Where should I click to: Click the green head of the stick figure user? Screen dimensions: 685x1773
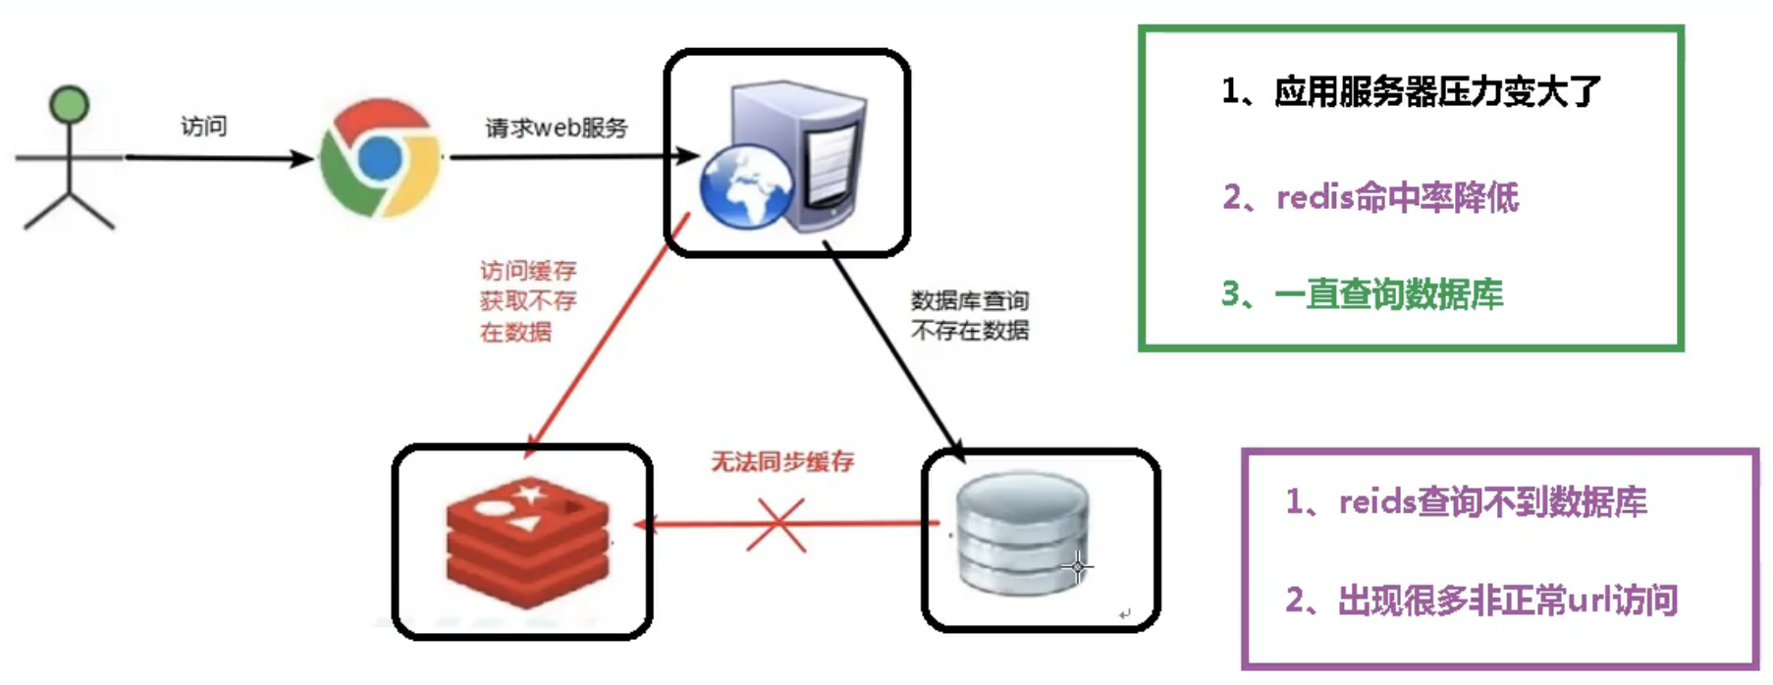click(x=70, y=104)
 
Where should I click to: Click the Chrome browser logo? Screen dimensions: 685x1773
click(x=381, y=157)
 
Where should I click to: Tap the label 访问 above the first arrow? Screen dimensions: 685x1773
click(x=204, y=126)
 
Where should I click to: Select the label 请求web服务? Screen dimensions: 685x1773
click(x=556, y=128)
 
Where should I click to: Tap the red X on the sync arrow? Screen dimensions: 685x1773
click(x=777, y=525)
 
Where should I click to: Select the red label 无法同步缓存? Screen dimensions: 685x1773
click(x=782, y=461)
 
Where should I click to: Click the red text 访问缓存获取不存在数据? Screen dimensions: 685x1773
click(x=527, y=301)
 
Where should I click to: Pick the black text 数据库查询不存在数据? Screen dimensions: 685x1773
click(x=970, y=315)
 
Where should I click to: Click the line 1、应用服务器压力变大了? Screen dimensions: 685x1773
click(x=1410, y=91)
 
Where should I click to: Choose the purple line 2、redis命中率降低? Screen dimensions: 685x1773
click(x=1370, y=197)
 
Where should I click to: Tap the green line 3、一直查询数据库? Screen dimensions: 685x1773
click(x=1362, y=293)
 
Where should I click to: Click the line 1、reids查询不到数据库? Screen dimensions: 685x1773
click(x=1466, y=502)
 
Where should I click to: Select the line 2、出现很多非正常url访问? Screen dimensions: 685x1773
click(x=1481, y=600)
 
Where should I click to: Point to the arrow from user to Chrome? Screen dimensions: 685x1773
click(x=216, y=158)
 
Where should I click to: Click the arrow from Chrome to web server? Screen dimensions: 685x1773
click(x=569, y=156)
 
